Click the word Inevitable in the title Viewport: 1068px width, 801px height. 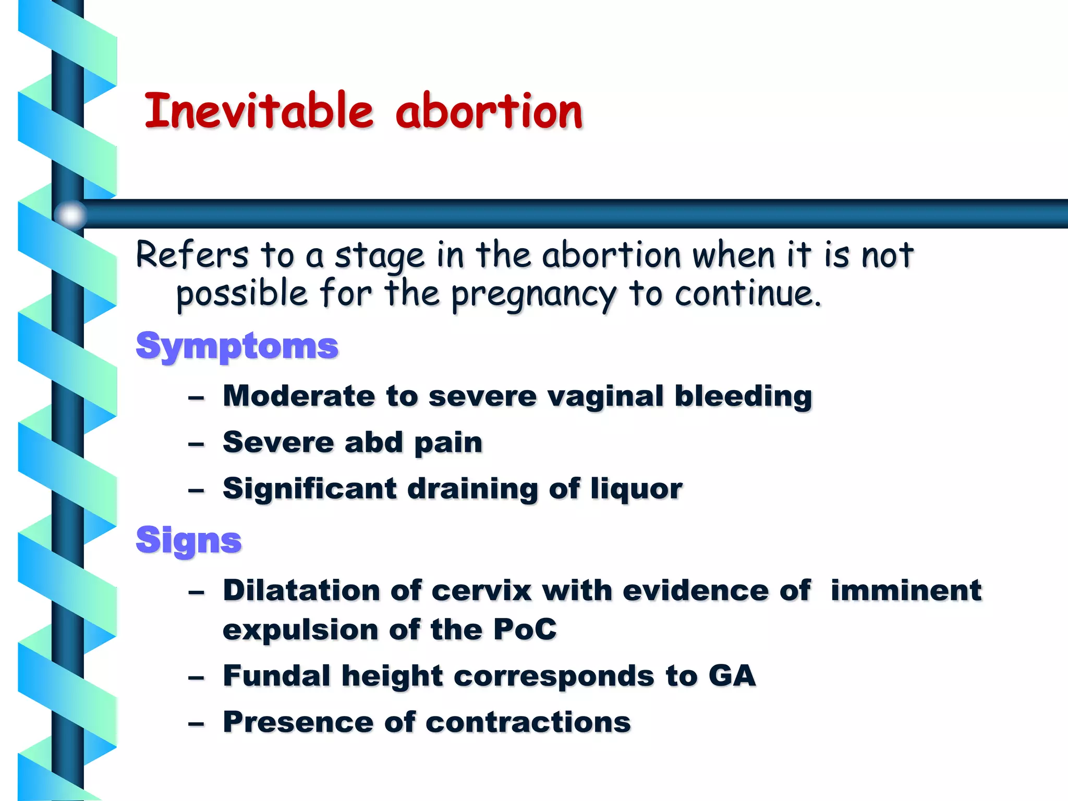pos(259,111)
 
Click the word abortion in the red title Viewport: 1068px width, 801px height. pos(489,111)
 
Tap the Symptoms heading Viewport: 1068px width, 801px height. pos(237,346)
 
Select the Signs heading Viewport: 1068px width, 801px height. pos(188,540)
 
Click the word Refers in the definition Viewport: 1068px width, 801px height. pos(192,256)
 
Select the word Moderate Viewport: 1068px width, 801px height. pos(299,396)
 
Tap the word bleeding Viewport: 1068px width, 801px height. pos(743,397)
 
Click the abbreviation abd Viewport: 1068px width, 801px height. pos(374,443)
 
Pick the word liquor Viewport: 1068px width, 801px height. pos(636,490)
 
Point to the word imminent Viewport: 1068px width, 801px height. pos(906,590)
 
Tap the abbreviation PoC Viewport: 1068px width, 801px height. pos(525,629)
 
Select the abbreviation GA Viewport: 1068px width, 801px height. pos(732,676)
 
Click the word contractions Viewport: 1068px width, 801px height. pos(528,722)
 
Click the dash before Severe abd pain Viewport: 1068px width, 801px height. pos(196,444)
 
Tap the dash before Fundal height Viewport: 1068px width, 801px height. pos(196,677)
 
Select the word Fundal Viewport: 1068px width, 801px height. pos(276,676)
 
